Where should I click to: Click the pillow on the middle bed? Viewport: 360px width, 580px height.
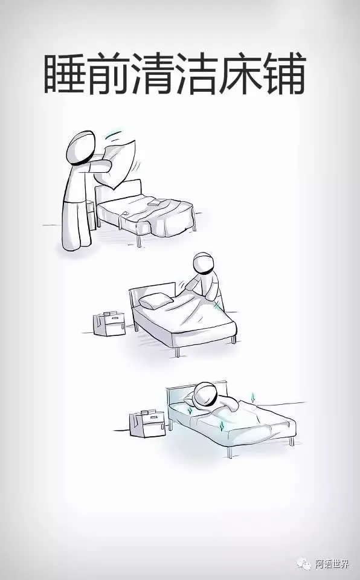155,300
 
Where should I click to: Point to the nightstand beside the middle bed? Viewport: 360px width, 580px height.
109,324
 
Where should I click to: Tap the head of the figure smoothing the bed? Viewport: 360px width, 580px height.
204,264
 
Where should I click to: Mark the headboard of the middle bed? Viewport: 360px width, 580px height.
152,296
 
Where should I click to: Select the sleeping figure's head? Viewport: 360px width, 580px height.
205,396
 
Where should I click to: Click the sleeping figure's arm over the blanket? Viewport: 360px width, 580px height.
228,402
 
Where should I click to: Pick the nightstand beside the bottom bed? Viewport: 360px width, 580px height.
147,423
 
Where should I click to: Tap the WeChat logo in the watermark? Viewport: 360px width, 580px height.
303,564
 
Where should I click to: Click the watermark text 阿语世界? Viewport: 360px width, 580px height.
332,564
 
